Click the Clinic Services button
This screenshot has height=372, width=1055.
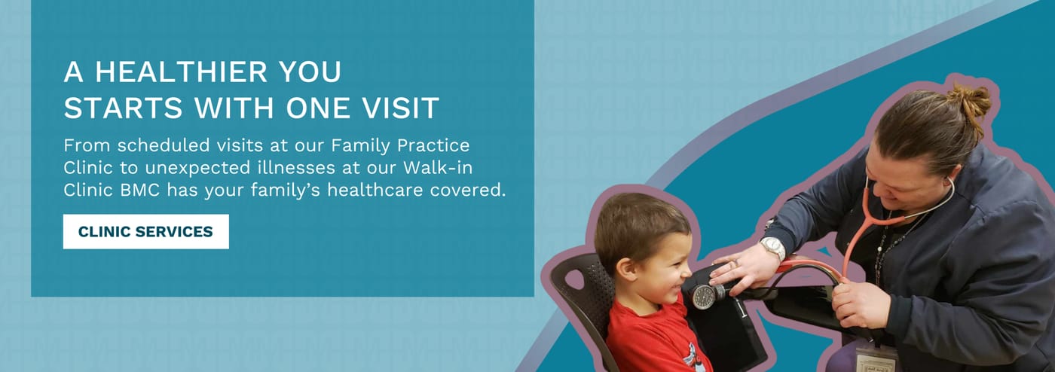(x=146, y=232)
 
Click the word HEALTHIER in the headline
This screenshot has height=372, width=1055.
(x=182, y=72)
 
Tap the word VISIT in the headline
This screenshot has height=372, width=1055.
(x=400, y=108)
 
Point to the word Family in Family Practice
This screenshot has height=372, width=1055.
(x=361, y=146)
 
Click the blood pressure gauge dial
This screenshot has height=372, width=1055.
(x=703, y=297)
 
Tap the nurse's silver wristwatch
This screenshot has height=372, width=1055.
(x=773, y=248)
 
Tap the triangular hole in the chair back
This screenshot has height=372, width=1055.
(x=573, y=279)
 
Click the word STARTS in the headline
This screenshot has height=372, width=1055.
(x=123, y=108)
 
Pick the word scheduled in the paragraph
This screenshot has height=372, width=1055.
(x=164, y=145)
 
